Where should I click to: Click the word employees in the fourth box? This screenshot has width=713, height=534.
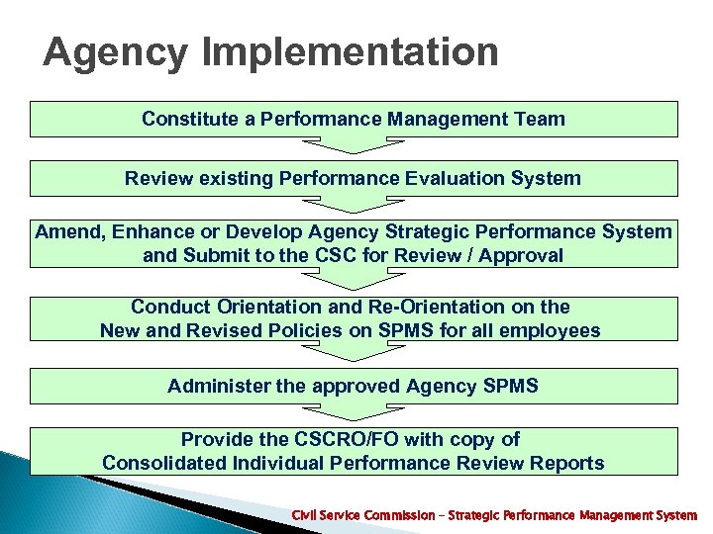tap(550, 330)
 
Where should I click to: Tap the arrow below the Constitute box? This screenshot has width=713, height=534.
tap(354, 145)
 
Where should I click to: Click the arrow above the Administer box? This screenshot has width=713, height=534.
tap(354, 353)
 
